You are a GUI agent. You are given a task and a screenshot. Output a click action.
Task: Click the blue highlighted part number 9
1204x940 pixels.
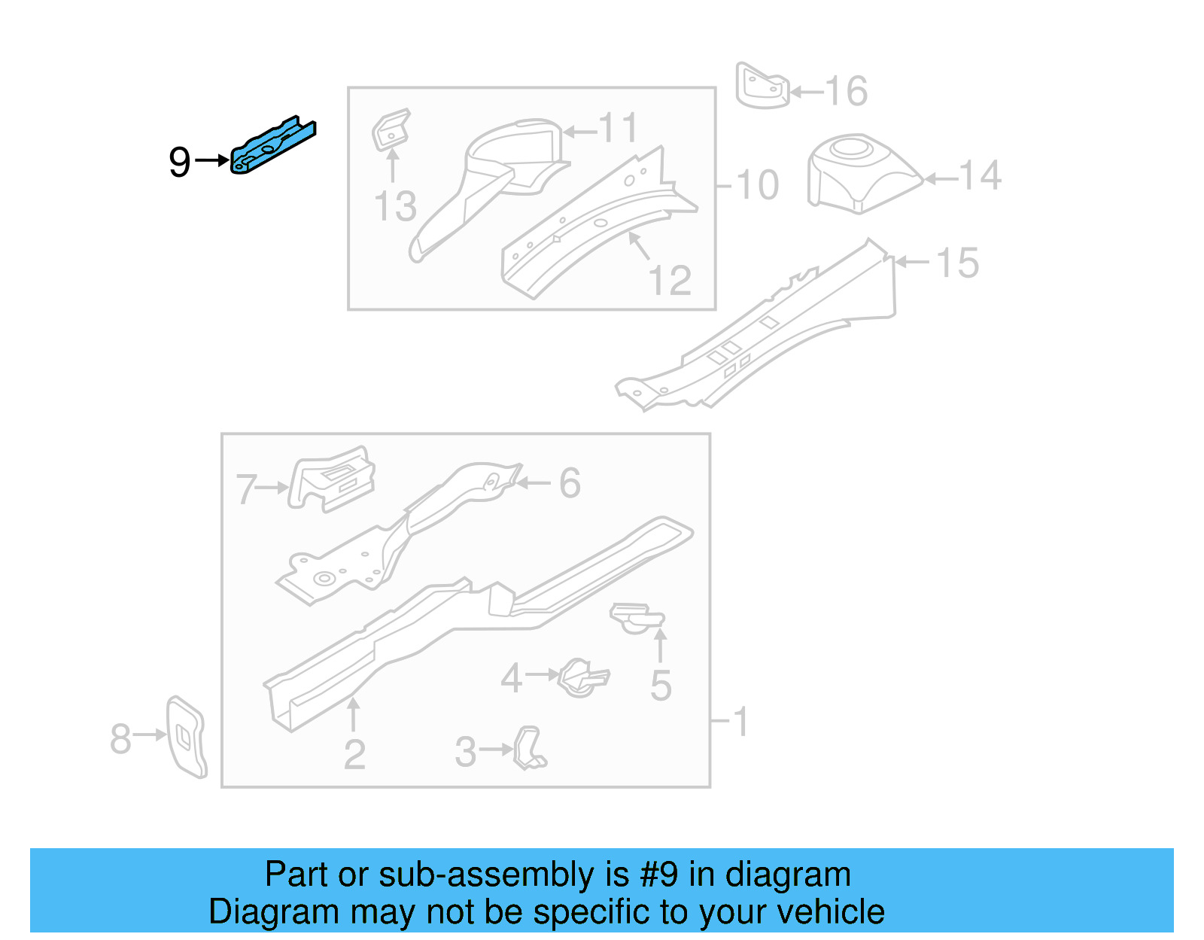(x=272, y=144)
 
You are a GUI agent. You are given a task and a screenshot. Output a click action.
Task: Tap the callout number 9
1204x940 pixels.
(x=179, y=162)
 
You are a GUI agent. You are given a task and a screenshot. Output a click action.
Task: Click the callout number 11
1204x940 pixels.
(x=619, y=129)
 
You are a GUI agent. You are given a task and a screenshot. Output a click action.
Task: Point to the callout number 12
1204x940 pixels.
(x=669, y=281)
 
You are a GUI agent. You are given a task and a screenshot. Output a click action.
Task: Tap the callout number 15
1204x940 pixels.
(x=957, y=263)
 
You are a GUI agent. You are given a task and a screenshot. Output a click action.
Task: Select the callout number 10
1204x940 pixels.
(x=757, y=185)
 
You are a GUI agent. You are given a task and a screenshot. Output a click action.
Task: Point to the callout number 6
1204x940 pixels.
(x=570, y=483)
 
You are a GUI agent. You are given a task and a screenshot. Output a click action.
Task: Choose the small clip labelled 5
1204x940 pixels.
(x=637, y=617)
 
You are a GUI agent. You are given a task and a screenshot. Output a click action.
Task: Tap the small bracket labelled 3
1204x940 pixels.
(x=530, y=748)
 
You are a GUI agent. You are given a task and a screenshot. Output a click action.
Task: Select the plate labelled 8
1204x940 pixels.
(x=186, y=737)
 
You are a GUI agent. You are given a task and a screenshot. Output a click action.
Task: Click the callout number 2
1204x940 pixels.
(x=354, y=755)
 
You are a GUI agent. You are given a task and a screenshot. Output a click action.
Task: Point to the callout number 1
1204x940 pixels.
(x=740, y=721)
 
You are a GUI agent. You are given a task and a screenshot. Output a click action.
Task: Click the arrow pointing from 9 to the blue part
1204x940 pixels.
(x=212, y=160)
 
